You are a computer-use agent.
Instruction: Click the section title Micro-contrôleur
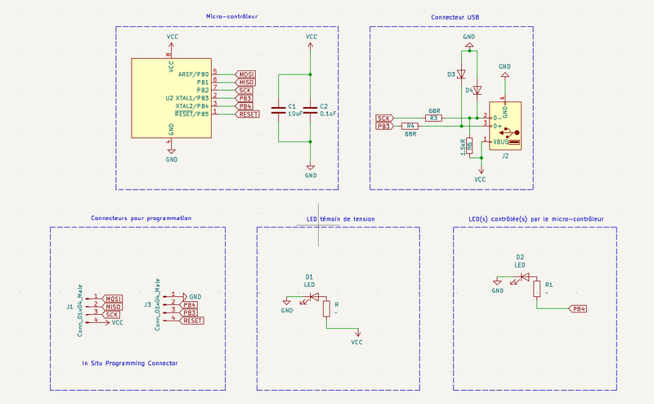pyautogui.click(x=232, y=16)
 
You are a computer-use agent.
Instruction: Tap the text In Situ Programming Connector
pyautogui.click(x=130, y=362)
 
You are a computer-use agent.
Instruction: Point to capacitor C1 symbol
pyautogui.click(x=279, y=109)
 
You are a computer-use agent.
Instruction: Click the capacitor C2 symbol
pyautogui.click(x=311, y=109)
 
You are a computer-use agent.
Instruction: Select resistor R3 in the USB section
pyautogui.click(x=434, y=119)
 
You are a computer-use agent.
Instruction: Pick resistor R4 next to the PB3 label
pyautogui.click(x=411, y=126)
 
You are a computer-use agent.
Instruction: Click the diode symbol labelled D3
pyautogui.click(x=462, y=74)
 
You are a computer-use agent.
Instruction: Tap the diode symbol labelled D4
pyautogui.click(x=478, y=90)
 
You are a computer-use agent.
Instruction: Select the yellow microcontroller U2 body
pyautogui.click(x=171, y=98)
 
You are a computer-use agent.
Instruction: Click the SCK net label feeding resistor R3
pyautogui.click(x=383, y=119)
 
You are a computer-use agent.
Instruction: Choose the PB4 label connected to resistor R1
pyautogui.click(x=578, y=309)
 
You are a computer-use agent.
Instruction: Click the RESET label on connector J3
pyautogui.click(x=193, y=321)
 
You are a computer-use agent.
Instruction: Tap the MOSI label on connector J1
pyautogui.click(x=113, y=298)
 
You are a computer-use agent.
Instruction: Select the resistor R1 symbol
pyautogui.click(x=536, y=289)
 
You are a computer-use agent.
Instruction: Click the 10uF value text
pyautogui.click(x=295, y=114)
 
